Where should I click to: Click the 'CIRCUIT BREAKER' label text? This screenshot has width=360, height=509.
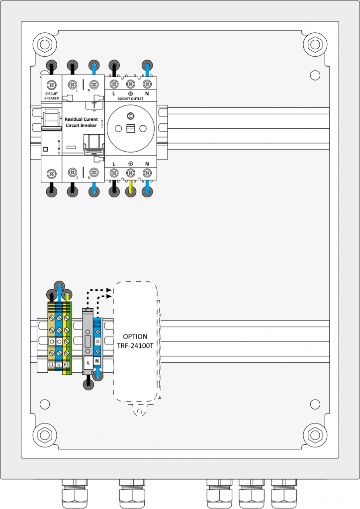pyautogui.click(x=51, y=96)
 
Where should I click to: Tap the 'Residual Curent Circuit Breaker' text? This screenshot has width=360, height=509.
pyautogui.click(x=81, y=122)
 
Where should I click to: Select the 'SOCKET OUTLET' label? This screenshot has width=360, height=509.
pyautogui.click(x=130, y=98)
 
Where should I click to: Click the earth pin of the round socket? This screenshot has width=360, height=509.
pyautogui.click(x=130, y=116)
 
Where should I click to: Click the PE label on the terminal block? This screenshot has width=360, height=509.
pyautogui.click(x=67, y=365)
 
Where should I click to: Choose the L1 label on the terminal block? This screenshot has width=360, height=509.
pyautogui.click(x=51, y=365)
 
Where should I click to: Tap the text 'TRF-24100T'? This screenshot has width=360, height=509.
pyautogui.click(x=135, y=345)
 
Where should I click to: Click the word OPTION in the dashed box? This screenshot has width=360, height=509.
pyautogui.click(x=135, y=337)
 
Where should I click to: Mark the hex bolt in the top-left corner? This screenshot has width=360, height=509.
pyautogui.click(x=44, y=44)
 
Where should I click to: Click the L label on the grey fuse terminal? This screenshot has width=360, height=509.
pyautogui.click(x=88, y=363)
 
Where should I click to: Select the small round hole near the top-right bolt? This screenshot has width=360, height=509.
pyautogui.click(x=315, y=75)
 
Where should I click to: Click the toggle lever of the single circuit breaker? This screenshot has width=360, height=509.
pyautogui.click(x=51, y=119)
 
